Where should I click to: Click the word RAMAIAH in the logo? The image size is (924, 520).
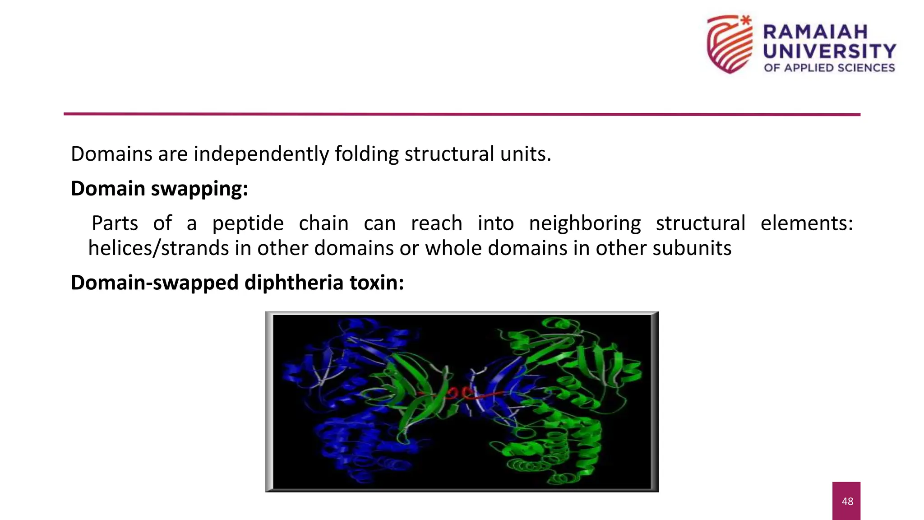(815, 32)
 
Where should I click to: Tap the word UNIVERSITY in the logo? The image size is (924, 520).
(829, 51)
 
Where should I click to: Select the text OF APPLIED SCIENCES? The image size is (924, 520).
(829, 68)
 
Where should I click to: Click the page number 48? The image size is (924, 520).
(847, 501)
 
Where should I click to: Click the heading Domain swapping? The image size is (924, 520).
(159, 189)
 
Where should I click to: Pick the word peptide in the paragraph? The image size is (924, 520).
(248, 223)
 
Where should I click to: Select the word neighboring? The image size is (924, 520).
(585, 223)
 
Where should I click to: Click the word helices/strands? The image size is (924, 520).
(158, 248)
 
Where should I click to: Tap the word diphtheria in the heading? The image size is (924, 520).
(294, 283)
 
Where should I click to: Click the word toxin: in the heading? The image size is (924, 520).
(376, 283)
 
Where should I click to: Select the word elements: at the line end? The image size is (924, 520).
(807, 223)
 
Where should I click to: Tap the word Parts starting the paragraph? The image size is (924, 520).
(115, 223)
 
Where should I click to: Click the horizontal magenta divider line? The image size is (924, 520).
(462, 114)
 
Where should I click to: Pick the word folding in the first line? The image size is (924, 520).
(366, 154)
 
